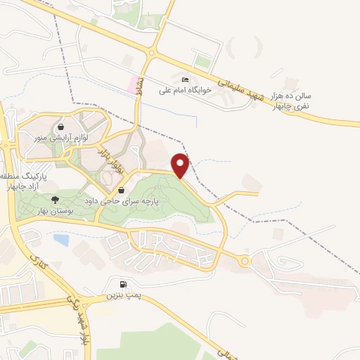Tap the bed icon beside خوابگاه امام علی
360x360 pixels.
pyautogui.click(x=185, y=79)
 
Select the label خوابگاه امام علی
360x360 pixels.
pyautogui.click(x=165, y=91)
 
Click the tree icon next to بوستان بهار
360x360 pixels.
pyautogui.click(x=56, y=200)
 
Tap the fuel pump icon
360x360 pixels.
pyautogui.click(x=124, y=285)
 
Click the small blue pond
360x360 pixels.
pyautogui.click(x=61, y=240)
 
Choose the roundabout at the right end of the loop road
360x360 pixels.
pyautogui.click(x=244, y=262)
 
